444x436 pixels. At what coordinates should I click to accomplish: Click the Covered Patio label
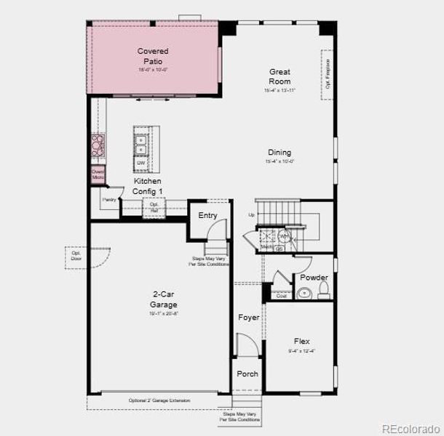(x=153, y=56)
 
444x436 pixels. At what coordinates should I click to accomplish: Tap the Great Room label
(x=280, y=76)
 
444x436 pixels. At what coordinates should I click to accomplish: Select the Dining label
(x=280, y=153)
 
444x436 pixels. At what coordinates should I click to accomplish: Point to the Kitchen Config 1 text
(x=148, y=186)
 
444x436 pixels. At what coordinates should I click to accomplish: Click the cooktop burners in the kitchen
(x=98, y=145)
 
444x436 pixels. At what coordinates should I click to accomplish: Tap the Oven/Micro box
(x=98, y=174)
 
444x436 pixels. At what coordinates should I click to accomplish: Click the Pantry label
(x=109, y=199)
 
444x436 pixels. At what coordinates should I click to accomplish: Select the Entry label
(x=207, y=215)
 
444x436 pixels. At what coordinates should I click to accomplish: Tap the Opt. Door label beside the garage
(x=76, y=256)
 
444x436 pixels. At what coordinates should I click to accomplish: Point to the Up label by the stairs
(x=252, y=215)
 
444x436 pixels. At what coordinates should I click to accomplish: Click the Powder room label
(x=314, y=278)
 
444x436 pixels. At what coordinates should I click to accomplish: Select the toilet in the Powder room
(x=324, y=292)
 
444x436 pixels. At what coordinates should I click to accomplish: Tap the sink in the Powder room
(x=304, y=294)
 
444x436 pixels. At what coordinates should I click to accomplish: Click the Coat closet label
(x=281, y=296)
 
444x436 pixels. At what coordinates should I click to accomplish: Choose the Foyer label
(x=249, y=318)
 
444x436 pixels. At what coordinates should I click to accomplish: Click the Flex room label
(x=301, y=341)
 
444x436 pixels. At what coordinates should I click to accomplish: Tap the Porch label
(x=247, y=374)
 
